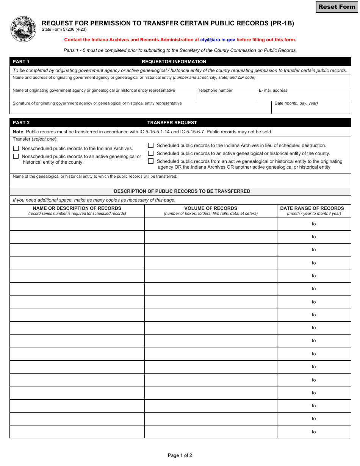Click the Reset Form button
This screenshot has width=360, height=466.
[x=337, y=7]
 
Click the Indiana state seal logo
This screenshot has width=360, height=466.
[x=23, y=30]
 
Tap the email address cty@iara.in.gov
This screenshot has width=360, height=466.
[x=218, y=40]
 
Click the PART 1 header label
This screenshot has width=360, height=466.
[x=21, y=62]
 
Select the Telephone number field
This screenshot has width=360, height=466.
[x=225, y=96]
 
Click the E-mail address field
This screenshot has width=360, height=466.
[x=303, y=96]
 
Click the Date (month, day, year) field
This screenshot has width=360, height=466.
[x=311, y=109]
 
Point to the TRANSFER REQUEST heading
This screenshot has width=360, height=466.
[x=172, y=123]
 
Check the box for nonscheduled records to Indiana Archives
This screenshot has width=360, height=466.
[x=16, y=149]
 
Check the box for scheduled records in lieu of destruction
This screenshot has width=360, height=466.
[x=151, y=145]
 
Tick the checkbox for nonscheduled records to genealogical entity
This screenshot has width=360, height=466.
[x=16, y=156]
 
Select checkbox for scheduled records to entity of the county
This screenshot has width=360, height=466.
[x=151, y=153]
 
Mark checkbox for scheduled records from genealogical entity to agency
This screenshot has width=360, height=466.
[x=151, y=161]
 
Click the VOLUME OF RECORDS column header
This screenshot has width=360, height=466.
[x=211, y=208]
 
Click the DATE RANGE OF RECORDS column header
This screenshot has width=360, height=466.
[x=312, y=208]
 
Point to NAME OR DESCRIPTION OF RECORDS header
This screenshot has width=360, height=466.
[x=77, y=208]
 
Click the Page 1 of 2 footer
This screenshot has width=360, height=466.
[x=180, y=455]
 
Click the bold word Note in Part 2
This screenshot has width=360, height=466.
[x=18, y=132]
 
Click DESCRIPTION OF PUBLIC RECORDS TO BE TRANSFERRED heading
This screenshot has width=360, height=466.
[x=182, y=191]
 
